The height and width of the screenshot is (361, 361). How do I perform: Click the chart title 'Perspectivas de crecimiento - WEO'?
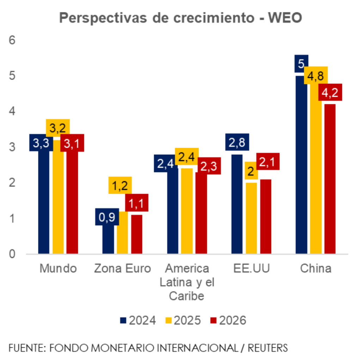click(x=180, y=18)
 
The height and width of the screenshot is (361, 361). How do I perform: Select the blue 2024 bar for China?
click(x=301, y=166)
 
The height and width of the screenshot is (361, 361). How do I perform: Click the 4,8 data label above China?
click(x=316, y=75)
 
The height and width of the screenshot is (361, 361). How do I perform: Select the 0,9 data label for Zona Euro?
click(x=107, y=217)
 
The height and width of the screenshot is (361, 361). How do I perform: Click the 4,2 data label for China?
click(x=330, y=92)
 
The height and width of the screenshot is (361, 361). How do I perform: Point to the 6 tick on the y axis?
click(x=13, y=40)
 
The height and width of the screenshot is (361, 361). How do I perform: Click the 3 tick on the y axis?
click(x=13, y=147)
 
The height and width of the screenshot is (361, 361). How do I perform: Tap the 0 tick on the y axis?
click(x=13, y=254)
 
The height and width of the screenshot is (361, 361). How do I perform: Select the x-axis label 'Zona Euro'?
click(x=122, y=269)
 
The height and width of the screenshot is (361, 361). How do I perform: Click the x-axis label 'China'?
click(x=316, y=269)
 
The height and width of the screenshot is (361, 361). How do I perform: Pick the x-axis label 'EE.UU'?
click(x=251, y=269)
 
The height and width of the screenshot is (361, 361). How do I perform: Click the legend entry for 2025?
click(x=183, y=320)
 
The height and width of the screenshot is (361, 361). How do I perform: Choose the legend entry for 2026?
click(x=228, y=320)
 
